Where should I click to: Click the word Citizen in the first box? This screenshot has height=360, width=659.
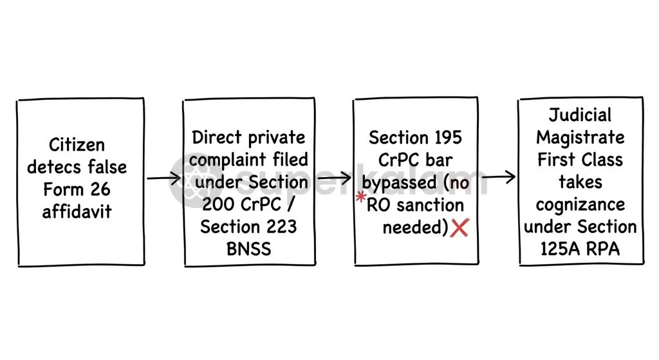[x=77, y=145]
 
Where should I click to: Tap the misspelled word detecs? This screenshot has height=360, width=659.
[x=55, y=167]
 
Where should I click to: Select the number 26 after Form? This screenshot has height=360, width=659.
[x=100, y=189]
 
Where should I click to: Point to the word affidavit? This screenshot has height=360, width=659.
[x=77, y=211]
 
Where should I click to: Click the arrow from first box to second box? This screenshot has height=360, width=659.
[x=164, y=178]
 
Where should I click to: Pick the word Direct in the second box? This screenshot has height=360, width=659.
[x=217, y=138]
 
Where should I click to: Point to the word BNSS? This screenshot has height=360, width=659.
[x=249, y=249]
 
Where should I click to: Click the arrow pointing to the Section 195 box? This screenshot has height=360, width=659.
[x=334, y=178]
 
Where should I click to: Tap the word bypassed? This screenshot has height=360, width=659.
[x=399, y=183]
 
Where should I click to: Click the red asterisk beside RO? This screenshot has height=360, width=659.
[x=361, y=197]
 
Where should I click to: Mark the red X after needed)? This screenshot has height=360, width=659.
[x=459, y=227]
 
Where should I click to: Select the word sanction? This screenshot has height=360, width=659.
[x=431, y=205]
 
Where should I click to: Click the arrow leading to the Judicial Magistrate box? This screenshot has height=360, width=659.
[x=499, y=177]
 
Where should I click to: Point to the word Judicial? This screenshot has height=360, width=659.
[x=580, y=115]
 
